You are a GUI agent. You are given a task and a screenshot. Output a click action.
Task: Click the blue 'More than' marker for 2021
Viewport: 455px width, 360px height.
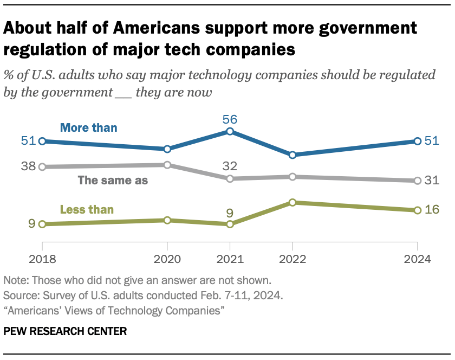pyautogui.click(x=230, y=131)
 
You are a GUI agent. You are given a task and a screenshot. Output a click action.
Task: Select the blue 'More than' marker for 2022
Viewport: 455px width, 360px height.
pyautogui.click(x=292, y=155)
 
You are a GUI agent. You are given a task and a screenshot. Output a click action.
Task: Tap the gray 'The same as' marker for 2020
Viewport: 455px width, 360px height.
pyautogui.click(x=167, y=165)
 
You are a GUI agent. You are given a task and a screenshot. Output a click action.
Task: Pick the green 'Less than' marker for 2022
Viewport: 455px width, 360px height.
pyautogui.click(x=292, y=202)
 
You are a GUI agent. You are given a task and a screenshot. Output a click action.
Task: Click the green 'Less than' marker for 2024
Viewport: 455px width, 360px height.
pyautogui.click(x=417, y=210)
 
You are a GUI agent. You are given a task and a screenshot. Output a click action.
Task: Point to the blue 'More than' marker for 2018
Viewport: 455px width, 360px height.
pyautogui.click(x=42, y=141)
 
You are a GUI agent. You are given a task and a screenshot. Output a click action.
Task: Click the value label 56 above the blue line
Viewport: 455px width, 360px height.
pyautogui.click(x=230, y=119)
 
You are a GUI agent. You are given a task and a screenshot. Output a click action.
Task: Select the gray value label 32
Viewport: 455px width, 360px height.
pyautogui.click(x=230, y=166)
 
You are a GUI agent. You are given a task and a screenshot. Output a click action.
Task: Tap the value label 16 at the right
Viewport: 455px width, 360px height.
pyautogui.click(x=431, y=210)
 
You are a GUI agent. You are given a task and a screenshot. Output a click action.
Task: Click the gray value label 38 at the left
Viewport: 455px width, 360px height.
pyautogui.click(x=28, y=167)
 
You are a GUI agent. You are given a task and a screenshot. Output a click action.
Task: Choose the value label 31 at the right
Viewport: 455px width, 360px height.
pyautogui.click(x=431, y=181)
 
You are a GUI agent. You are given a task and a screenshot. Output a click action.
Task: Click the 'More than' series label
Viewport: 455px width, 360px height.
pyautogui.click(x=88, y=128)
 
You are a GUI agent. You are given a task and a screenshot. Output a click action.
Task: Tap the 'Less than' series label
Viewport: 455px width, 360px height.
pyautogui.click(x=87, y=209)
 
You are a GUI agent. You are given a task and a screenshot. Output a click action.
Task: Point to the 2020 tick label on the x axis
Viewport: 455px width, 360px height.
pyautogui.click(x=167, y=259)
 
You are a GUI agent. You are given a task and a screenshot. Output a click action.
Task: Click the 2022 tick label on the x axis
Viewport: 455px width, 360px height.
pyautogui.click(x=292, y=259)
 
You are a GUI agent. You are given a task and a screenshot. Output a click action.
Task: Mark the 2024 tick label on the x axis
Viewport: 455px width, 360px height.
pyautogui.click(x=417, y=259)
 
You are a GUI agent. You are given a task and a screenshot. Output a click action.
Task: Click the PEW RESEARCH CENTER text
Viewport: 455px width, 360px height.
pyautogui.click(x=65, y=331)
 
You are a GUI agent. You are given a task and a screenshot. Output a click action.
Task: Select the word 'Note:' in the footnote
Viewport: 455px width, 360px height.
pyautogui.click(x=16, y=281)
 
